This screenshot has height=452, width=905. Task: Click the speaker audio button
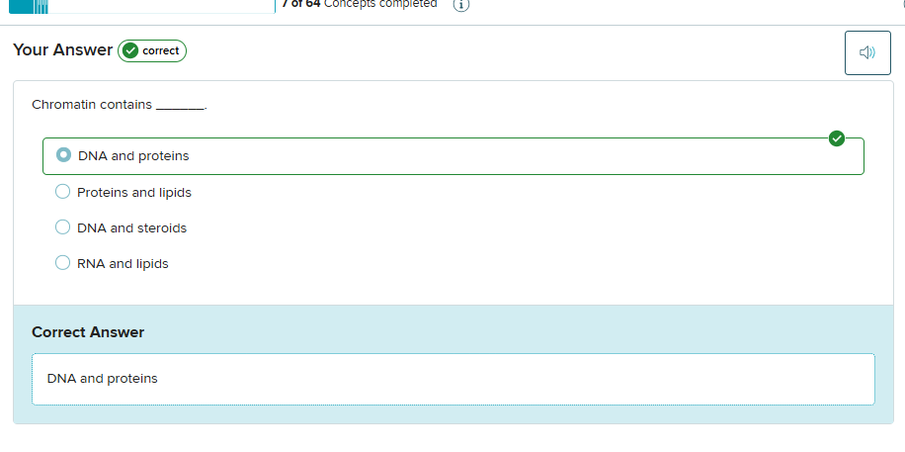coord(867,52)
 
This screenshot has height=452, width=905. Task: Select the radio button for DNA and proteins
coord(63,155)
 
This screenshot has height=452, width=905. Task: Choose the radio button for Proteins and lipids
coord(62,192)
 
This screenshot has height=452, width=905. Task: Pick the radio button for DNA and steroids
coord(62,227)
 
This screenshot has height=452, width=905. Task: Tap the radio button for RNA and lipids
coord(62,263)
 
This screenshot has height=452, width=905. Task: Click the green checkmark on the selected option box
coord(837,138)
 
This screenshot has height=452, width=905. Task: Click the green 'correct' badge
coord(152,50)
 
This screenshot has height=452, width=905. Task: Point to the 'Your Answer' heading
coord(62,49)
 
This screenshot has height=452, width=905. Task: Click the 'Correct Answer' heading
coord(88,332)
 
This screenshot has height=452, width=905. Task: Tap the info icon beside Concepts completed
coord(460,4)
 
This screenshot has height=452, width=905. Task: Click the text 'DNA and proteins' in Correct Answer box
coord(103,378)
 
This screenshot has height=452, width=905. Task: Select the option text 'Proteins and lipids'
coord(134,192)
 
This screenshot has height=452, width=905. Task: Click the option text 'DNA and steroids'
coord(131,227)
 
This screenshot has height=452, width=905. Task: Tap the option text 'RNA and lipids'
coord(123,263)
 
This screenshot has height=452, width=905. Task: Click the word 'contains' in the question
coord(125,104)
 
